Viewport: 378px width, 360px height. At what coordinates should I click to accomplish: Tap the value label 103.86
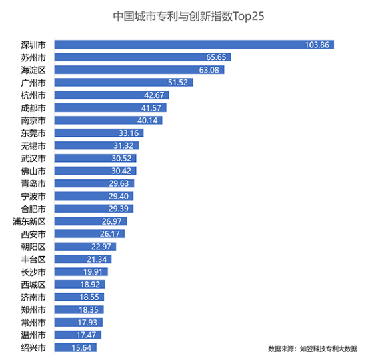[317, 45]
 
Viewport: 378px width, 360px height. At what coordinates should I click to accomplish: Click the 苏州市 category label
[33, 57]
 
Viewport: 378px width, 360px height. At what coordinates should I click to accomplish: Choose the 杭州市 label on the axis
[33, 95]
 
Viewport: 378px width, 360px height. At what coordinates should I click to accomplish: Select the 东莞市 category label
[33, 133]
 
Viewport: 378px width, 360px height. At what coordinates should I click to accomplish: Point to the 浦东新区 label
[29, 221]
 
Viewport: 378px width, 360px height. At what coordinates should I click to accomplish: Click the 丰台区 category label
[33, 259]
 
